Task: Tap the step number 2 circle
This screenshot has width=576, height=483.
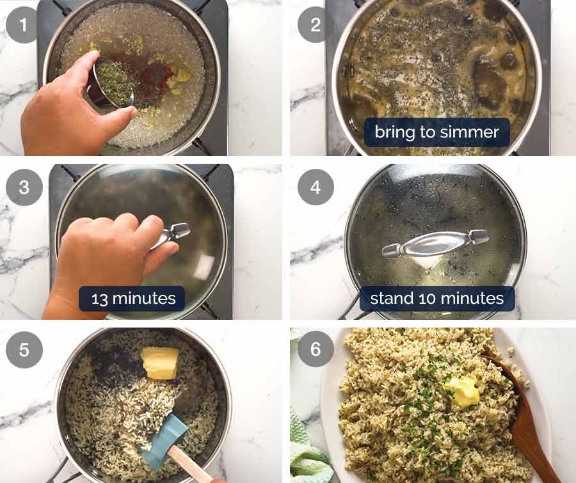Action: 315,25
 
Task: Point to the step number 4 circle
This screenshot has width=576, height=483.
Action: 315,187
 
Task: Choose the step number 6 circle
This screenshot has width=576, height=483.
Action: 315,349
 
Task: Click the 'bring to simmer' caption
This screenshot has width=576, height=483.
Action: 436,132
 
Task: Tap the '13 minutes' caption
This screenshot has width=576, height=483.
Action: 132,299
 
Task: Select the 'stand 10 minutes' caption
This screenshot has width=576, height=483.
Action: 436,299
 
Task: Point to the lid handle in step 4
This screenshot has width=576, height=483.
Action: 435,243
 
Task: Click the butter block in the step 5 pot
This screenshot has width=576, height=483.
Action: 160,362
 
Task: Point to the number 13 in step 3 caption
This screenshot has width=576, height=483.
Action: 100,299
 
